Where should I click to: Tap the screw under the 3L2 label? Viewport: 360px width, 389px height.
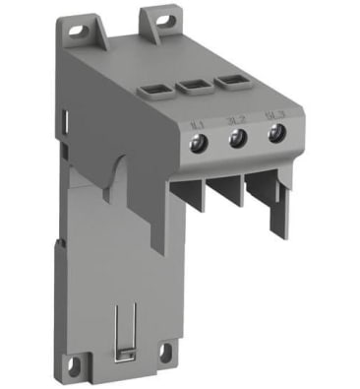pos(235,140)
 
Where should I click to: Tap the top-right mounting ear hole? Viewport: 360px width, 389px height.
pos(157,17)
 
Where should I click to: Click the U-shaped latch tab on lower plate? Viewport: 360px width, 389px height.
pos(122,325)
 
